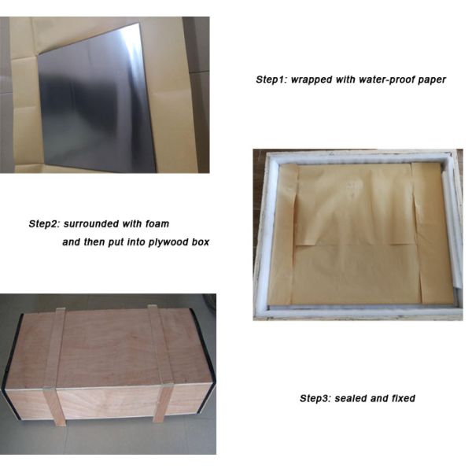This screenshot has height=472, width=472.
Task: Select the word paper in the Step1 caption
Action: click(x=432, y=80)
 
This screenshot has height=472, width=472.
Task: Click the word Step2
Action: click(x=45, y=223)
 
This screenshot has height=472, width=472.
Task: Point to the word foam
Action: click(x=157, y=223)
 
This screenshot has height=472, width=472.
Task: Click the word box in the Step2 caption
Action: click(x=200, y=242)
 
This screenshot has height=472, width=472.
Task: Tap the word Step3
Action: click(x=316, y=398)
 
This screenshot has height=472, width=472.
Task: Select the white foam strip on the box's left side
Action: click(x=267, y=238)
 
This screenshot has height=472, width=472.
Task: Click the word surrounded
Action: click(x=91, y=223)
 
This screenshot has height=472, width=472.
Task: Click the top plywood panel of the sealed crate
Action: click(x=109, y=349)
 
